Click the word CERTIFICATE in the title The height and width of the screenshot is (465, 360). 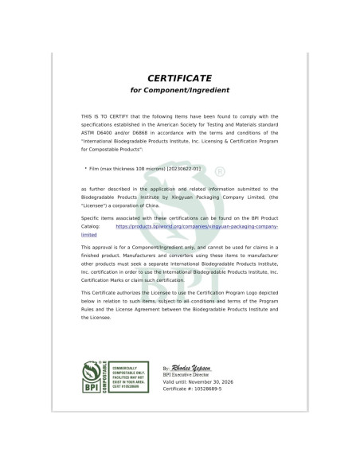coord(178,78)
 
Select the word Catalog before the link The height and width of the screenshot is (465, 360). coord(92,227)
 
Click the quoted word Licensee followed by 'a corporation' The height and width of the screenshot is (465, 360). coord(97,204)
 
